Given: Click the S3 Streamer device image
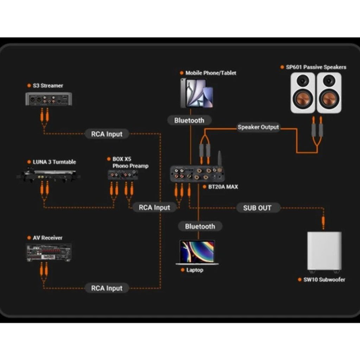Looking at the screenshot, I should click(49, 99).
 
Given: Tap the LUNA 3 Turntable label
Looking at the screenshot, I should click(54, 162).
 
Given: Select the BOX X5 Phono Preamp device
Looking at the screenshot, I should click(122, 174).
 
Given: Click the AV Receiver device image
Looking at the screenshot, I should click(49, 252).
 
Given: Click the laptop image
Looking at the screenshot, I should click(197, 252).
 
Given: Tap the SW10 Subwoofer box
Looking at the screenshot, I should click(324, 251).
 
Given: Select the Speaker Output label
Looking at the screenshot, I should click(258, 127).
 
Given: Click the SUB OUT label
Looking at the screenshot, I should click(257, 208).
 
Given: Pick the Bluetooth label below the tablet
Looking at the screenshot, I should click(189, 120).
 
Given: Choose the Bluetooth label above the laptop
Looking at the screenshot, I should click(200, 226).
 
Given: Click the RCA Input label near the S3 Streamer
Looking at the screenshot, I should click(107, 134).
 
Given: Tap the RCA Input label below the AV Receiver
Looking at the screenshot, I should click(107, 288).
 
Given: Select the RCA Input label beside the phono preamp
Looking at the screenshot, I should click(154, 207).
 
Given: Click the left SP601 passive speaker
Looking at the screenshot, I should click(303, 93).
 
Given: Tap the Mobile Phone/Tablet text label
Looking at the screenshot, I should click(211, 73).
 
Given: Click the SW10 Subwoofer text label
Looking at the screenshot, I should click(324, 280).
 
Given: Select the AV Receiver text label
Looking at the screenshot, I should click(47, 238).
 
